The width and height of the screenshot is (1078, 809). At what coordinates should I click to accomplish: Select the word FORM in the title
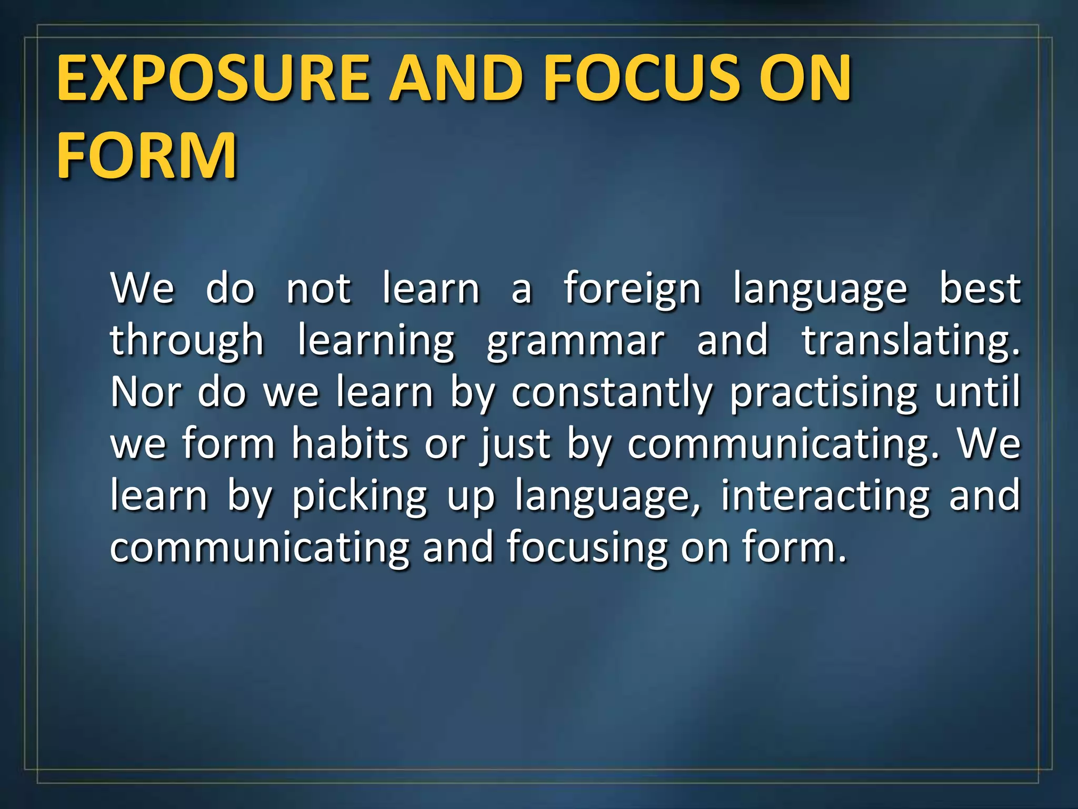coord(146,156)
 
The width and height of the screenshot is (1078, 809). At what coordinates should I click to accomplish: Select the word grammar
coord(575,341)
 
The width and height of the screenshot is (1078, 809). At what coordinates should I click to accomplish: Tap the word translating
coord(911,341)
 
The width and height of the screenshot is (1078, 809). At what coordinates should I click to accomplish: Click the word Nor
coord(146,392)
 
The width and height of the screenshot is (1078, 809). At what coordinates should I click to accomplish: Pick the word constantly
coord(612,392)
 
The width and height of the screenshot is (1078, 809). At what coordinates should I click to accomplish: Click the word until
coord(977,392)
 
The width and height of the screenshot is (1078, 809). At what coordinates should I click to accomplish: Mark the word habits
coord(350,444)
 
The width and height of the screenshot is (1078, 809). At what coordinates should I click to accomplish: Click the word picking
coord(360,496)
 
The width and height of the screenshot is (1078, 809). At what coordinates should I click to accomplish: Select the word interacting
coord(825,496)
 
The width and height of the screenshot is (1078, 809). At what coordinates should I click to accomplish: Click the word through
coord(187,341)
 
